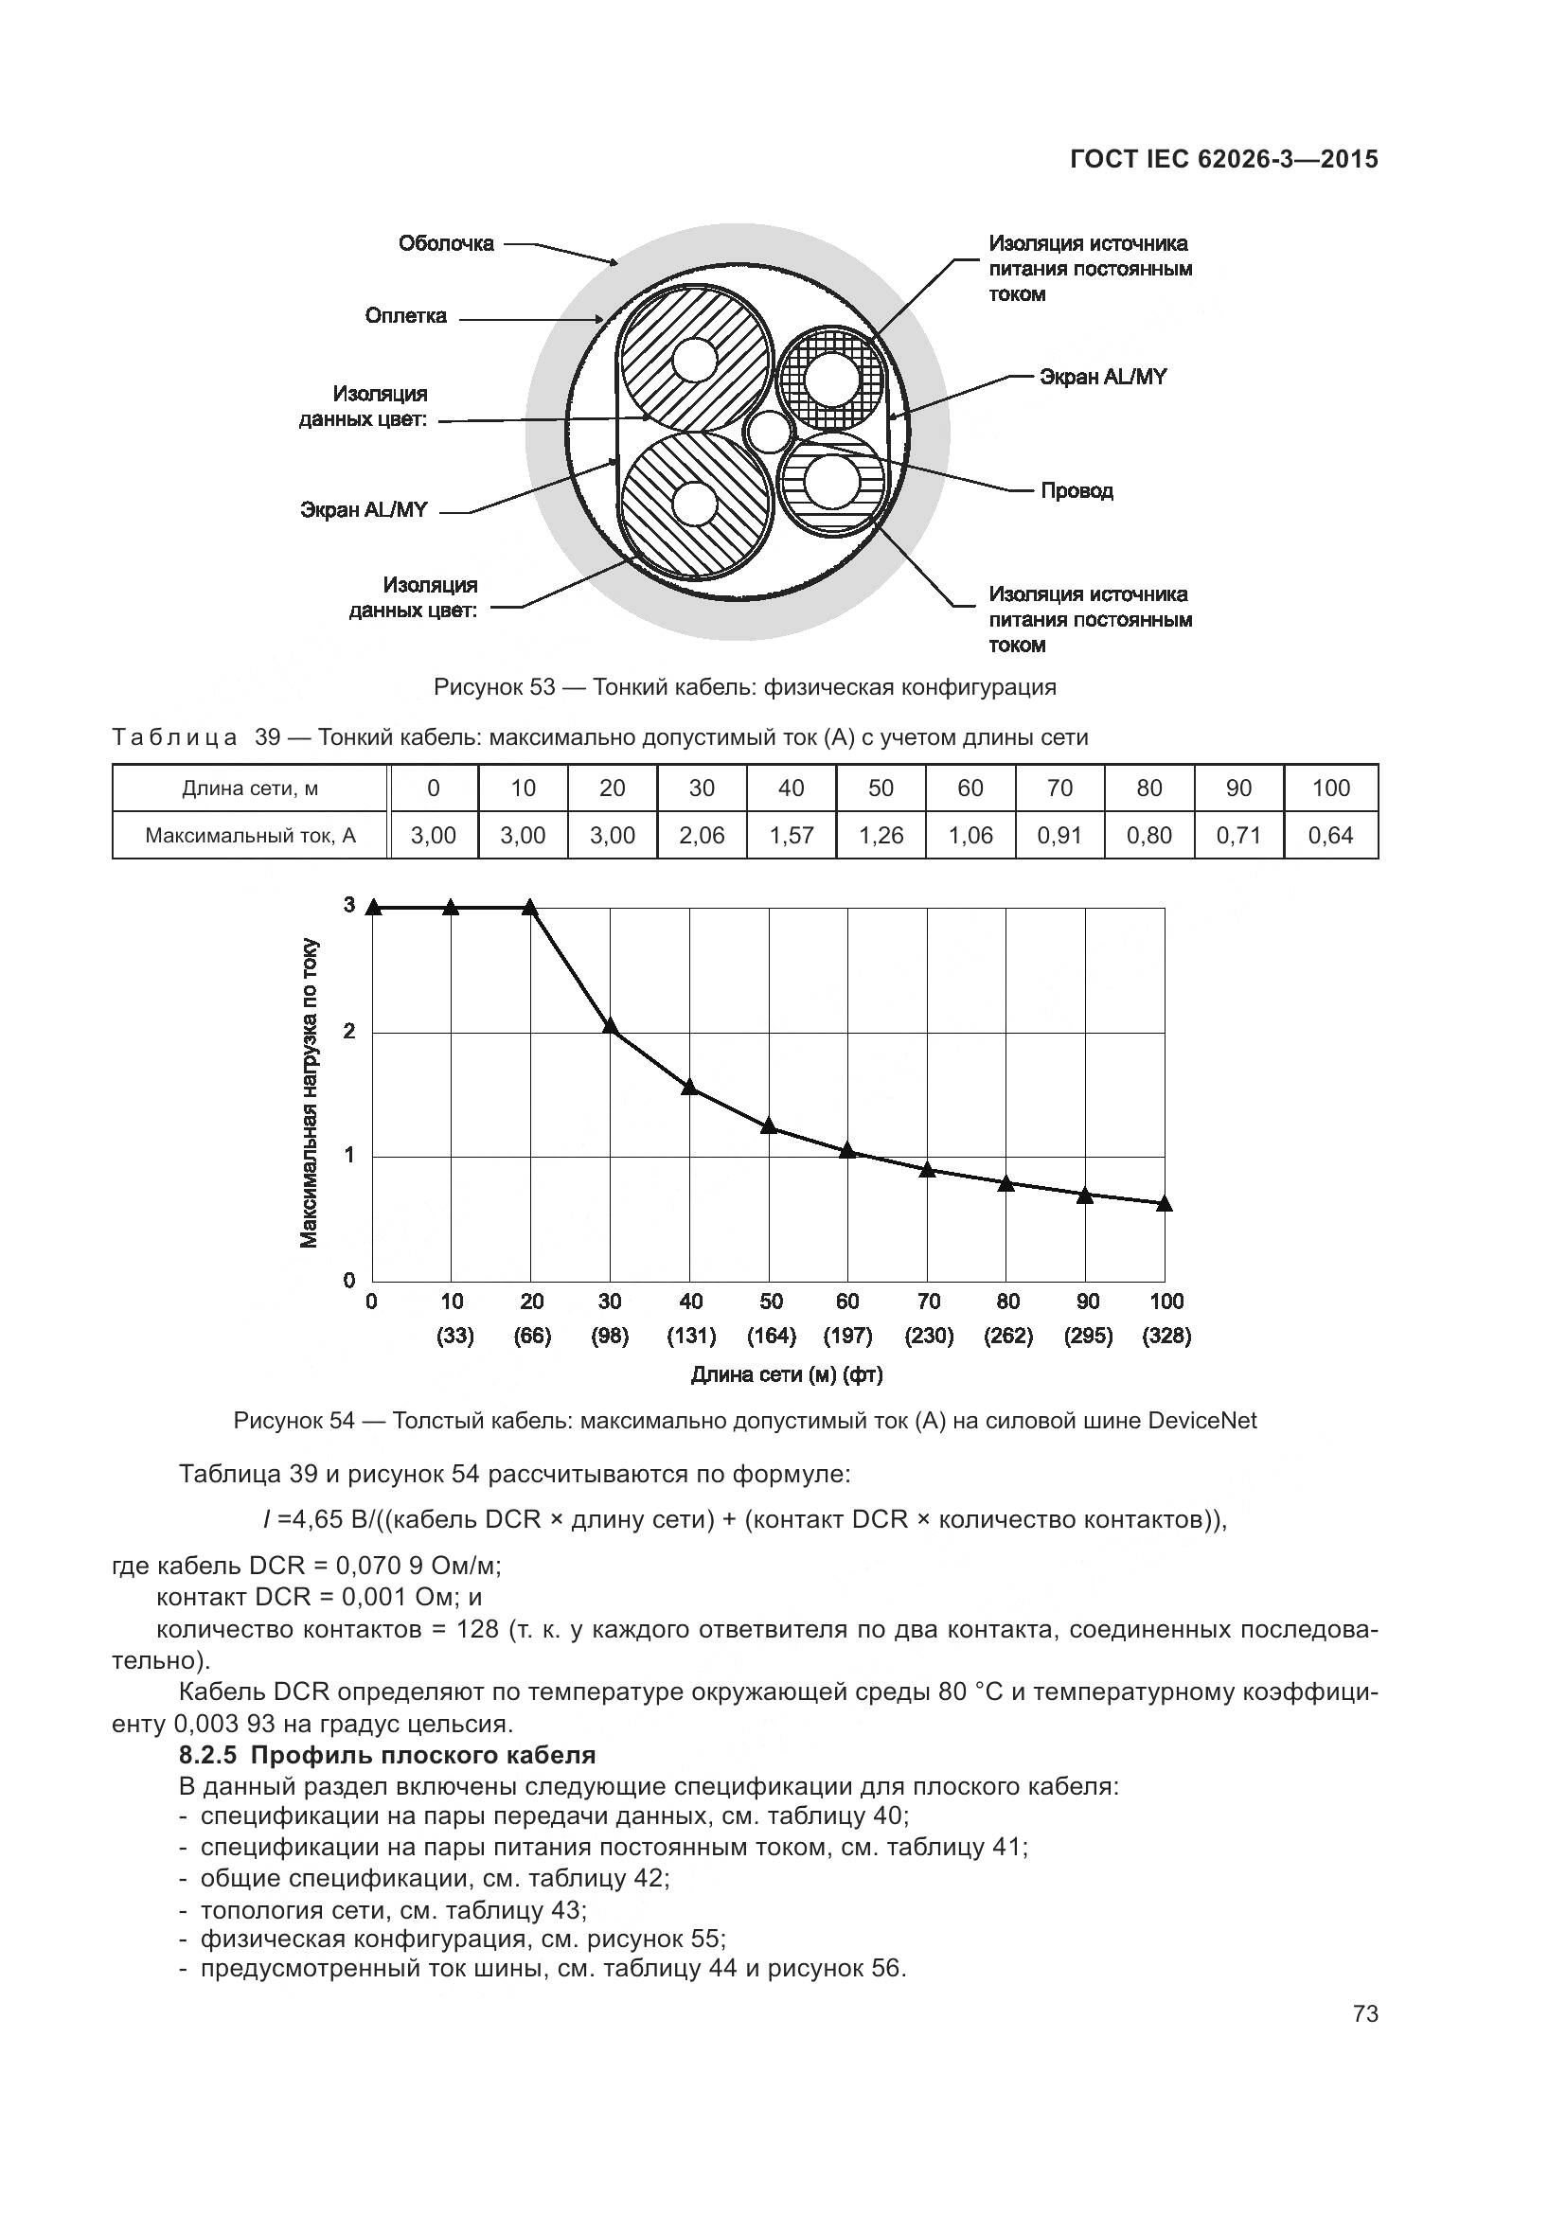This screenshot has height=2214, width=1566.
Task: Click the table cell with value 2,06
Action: [701, 835]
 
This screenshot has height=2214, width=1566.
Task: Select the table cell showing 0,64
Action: [1329, 835]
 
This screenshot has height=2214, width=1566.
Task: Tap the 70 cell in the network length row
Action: [1059, 788]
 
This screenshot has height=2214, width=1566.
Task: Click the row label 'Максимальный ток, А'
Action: [250, 835]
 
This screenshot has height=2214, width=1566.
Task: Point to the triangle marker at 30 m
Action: [610, 1025]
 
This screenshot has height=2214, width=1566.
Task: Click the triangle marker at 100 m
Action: [1164, 1202]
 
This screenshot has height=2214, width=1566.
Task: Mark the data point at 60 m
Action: [847, 1149]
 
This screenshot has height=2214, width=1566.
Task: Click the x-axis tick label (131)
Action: [690, 1336]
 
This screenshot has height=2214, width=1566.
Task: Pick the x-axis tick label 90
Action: [1087, 1301]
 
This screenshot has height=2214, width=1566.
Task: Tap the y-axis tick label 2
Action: [349, 1031]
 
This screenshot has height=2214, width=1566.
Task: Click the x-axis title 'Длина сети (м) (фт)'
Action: [786, 1374]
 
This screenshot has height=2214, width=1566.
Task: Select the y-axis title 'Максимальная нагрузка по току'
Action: [309, 1092]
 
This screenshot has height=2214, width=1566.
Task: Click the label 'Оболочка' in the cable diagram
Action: [446, 243]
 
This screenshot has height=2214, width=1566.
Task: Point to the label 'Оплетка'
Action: [405, 316]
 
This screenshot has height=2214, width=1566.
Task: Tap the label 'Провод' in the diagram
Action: [1077, 491]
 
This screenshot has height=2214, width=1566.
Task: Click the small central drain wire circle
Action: [770, 432]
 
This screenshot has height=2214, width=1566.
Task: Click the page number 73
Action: [1364, 2013]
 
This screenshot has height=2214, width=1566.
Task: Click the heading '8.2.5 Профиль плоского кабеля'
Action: [386, 1754]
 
